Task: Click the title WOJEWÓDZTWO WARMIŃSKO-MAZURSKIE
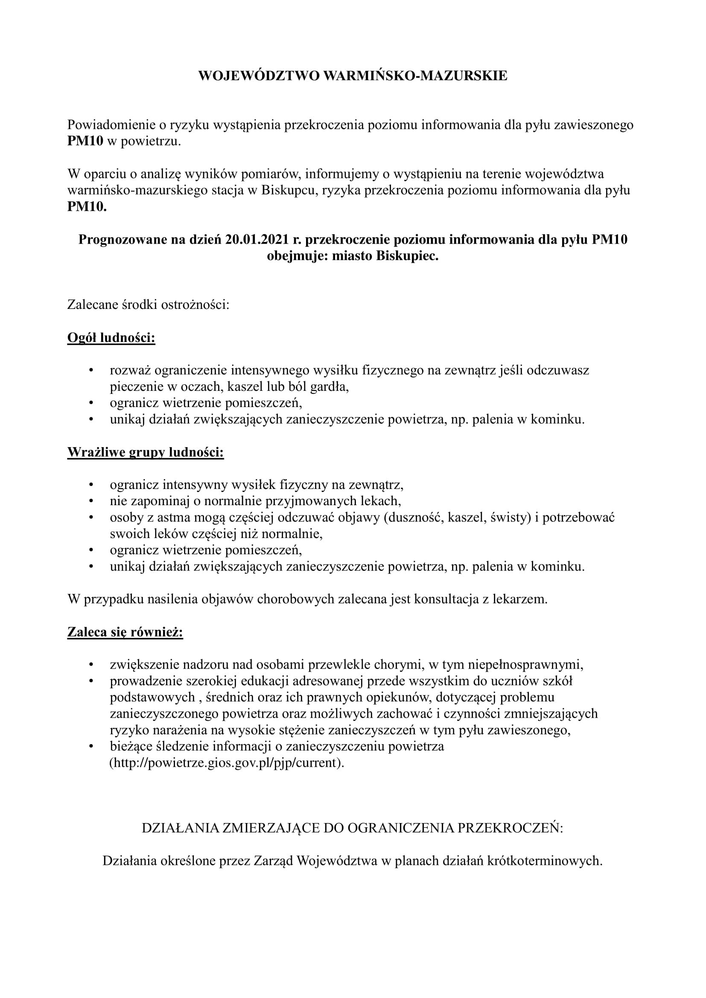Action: [x=353, y=76]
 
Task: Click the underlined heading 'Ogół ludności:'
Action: [x=111, y=338]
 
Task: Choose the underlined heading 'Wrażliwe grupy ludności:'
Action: [x=146, y=452]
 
